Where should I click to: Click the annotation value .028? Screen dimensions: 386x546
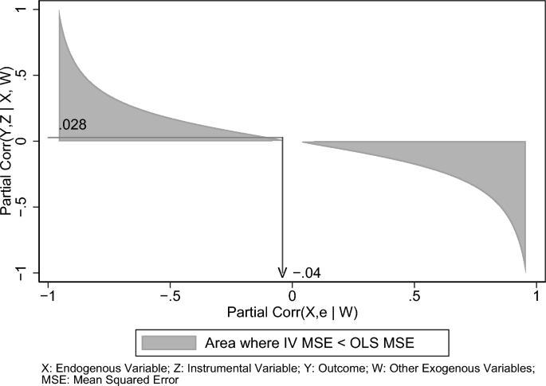tap(72, 125)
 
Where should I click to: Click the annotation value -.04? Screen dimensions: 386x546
tap(306, 273)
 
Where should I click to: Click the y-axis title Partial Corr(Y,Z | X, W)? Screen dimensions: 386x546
tap(9, 141)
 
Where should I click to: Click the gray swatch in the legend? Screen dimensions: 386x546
tap(168, 342)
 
